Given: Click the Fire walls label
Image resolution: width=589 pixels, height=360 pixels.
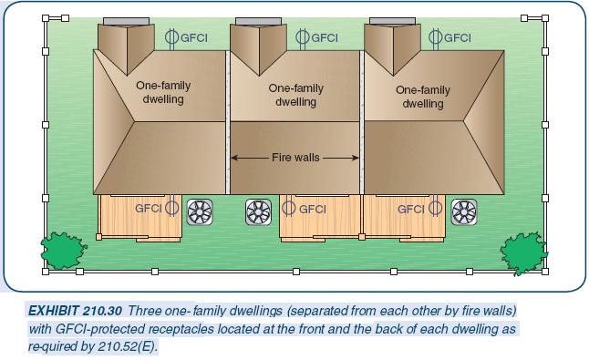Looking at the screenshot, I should (x=295, y=158).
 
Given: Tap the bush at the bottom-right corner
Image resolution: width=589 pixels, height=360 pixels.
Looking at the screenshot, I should (x=522, y=250).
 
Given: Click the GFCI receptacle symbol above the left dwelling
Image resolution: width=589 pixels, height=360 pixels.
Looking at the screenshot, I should (x=172, y=37).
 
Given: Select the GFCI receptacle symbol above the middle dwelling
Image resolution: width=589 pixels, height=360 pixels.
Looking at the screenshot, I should (x=304, y=37).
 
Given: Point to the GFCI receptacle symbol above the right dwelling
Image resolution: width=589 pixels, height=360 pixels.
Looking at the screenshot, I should (x=436, y=37).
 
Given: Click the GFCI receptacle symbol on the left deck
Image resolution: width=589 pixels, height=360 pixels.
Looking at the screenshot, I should (x=171, y=209).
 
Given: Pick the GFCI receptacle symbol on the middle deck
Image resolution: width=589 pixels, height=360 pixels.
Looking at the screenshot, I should (x=289, y=209).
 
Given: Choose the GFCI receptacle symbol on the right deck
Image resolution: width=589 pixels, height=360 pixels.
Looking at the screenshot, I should (x=435, y=209).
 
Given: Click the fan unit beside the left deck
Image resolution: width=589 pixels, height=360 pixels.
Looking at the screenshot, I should (x=199, y=211).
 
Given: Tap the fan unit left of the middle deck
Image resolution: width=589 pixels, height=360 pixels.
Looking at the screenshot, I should (x=259, y=211).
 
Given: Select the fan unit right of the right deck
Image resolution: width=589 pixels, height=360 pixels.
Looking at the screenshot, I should (x=464, y=211).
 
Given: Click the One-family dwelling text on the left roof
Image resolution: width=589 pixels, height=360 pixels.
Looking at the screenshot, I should (x=163, y=92).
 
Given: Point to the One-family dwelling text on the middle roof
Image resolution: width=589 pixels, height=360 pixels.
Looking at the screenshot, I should (x=295, y=95).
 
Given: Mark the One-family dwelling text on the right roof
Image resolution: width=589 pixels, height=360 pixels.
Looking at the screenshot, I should (x=423, y=97).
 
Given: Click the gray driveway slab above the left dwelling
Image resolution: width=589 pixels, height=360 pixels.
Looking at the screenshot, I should (x=122, y=21).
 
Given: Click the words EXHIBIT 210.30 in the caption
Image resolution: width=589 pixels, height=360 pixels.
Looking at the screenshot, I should (x=75, y=311).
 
